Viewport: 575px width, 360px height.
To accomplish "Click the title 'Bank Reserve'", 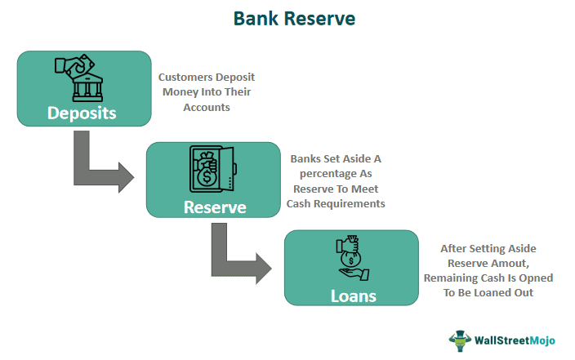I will (x=287, y=19).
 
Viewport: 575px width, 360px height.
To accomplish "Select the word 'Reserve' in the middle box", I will (x=214, y=207).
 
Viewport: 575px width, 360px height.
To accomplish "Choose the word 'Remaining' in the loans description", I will (x=446, y=278).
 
